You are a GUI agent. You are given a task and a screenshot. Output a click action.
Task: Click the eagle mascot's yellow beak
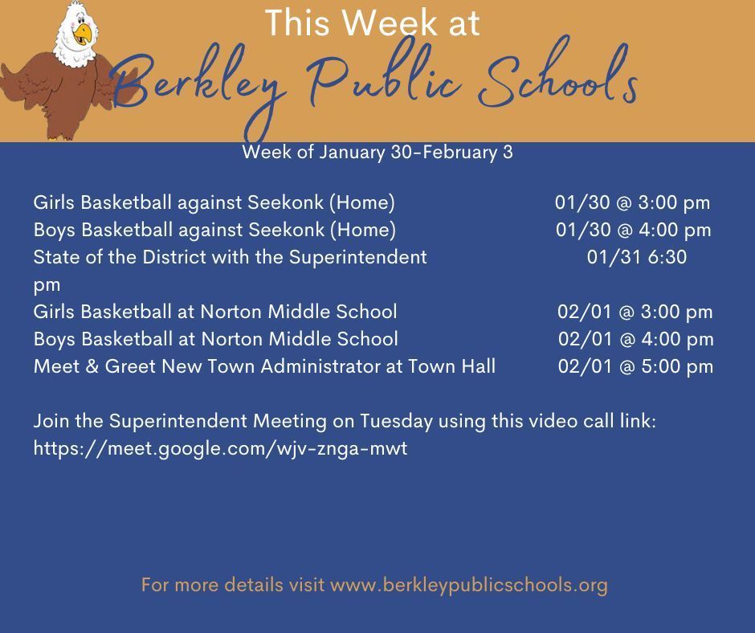[83, 34]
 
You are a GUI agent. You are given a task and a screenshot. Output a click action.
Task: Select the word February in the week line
[460, 153]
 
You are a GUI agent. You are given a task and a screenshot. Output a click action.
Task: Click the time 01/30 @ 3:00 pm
[632, 202]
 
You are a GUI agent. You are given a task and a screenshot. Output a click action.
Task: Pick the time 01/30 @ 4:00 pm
[633, 230]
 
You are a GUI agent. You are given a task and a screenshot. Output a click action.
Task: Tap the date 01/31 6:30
[637, 257]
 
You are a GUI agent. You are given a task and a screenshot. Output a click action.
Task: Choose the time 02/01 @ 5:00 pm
[635, 366]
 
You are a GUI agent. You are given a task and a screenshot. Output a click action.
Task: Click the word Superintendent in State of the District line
[357, 257]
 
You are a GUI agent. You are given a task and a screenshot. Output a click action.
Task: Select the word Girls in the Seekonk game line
[54, 202]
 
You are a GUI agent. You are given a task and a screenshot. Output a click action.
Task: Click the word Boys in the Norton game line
[54, 340]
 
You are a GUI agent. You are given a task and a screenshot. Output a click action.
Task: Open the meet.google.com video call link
[221, 449]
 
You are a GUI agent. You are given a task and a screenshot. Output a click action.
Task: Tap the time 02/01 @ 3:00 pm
[635, 312]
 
